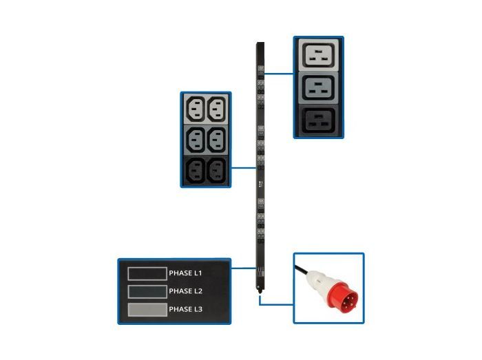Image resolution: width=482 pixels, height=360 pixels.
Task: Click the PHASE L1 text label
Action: [x=185, y=273]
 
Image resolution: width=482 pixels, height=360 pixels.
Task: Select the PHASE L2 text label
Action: [x=185, y=291]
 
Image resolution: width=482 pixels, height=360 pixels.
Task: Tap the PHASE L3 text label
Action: [x=185, y=310]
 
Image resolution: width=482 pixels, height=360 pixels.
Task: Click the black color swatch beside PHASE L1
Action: [x=147, y=273]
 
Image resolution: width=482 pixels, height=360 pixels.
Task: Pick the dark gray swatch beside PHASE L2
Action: [x=147, y=291]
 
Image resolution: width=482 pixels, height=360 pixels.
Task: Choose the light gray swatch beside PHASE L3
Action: [x=147, y=310]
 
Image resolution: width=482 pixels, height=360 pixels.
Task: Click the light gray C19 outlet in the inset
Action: [x=317, y=56]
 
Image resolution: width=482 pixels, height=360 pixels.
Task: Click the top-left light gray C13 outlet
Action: [x=195, y=109]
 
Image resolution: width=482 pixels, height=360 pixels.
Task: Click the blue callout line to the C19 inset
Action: [x=280, y=73]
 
